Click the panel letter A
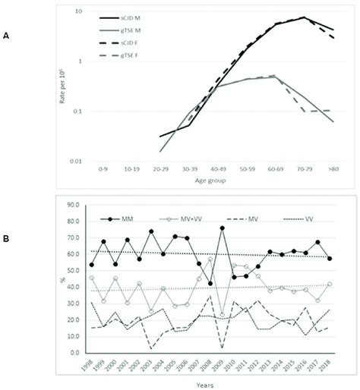6,36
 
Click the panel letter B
6,239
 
